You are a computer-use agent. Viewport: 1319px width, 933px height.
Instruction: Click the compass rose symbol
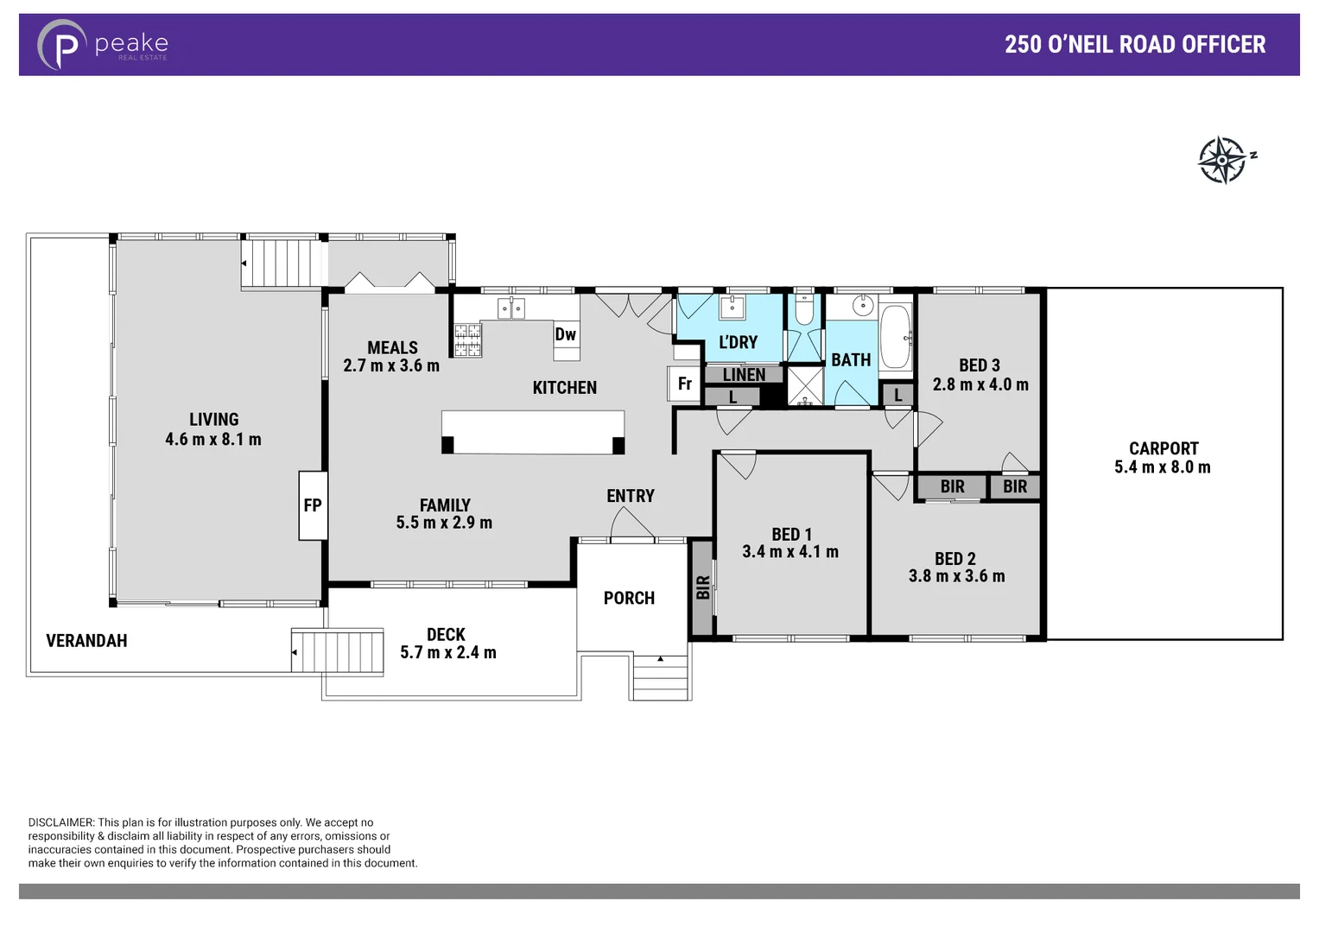(x=1223, y=160)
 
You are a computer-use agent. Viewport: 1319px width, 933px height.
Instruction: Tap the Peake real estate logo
(x=103, y=44)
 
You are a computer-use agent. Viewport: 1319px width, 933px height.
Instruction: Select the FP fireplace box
(x=313, y=505)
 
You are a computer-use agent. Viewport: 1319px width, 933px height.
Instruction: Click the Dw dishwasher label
(x=566, y=335)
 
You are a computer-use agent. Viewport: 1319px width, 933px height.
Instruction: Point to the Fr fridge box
(x=684, y=384)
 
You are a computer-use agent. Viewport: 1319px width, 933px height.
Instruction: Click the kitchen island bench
(x=532, y=432)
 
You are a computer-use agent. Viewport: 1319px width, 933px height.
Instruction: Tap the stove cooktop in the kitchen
(x=468, y=340)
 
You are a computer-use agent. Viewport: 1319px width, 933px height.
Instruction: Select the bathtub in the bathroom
(x=896, y=336)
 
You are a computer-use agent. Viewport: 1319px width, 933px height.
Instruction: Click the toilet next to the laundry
(x=803, y=309)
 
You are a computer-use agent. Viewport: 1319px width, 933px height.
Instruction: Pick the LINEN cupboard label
(x=744, y=375)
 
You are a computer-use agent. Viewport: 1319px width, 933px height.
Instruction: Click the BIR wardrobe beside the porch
(x=702, y=587)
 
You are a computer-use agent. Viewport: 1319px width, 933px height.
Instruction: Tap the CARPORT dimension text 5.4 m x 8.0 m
(x=1162, y=467)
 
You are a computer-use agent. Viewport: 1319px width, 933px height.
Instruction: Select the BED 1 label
(x=791, y=535)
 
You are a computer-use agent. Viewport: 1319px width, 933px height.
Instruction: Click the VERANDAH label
(x=86, y=641)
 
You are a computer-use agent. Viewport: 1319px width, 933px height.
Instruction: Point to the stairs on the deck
(x=338, y=652)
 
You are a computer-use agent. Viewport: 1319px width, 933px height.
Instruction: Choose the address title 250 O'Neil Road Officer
(x=1134, y=45)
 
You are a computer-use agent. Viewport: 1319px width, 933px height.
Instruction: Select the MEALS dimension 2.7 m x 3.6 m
(x=391, y=366)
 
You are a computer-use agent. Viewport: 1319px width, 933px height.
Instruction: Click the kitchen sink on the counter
(x=510, y=308)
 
